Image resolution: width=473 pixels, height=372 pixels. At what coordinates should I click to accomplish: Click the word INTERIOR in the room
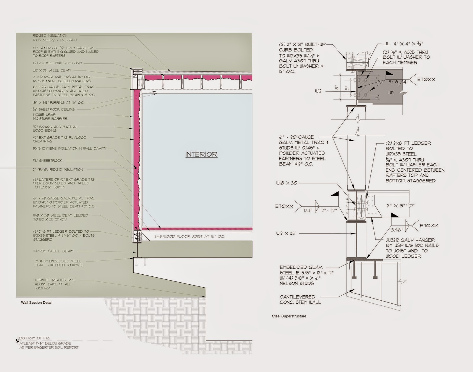click(x=201, y=154)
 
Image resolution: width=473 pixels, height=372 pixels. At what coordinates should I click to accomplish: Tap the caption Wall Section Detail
click(x=37, y=302)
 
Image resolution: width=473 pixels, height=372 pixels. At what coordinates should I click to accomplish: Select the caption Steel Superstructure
click(x=289, y=316)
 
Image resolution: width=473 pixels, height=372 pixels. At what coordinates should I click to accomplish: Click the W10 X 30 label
click(x=286, y=183)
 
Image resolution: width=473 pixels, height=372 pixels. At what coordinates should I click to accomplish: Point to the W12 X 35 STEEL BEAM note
click(x=52, y=70)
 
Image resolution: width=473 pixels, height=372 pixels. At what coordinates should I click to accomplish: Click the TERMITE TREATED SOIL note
click(x=55, y=284)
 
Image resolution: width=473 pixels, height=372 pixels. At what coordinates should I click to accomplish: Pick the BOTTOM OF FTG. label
click(x=35, y=338)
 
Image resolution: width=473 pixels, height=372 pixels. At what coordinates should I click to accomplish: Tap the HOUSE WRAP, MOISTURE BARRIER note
click(x=50, y=117)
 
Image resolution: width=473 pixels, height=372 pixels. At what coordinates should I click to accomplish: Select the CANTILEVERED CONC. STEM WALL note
click(x=300, y=299)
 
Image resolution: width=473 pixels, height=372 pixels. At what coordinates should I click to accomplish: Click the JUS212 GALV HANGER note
click(x=412, y=248)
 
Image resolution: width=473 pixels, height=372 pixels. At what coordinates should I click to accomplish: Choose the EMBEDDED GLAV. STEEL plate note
click(x=306, y=275)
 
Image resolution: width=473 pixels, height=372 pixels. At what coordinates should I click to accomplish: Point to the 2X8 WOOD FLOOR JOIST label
click(x=189, y=236)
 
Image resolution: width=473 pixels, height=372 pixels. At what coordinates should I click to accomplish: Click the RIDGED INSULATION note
click(x=54, y=38)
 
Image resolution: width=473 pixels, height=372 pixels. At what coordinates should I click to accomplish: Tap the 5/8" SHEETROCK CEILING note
click(x=54, y=109)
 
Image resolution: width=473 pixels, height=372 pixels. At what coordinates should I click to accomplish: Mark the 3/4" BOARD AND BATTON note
click(x=55, y=128)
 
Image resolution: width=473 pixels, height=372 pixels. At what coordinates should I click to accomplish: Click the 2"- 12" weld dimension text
click(x=329, y=211)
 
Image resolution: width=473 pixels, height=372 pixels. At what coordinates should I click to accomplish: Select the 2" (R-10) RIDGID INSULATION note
click(x=58, y=170)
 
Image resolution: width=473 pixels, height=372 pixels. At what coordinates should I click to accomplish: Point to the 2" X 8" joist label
click(x=396, y=205)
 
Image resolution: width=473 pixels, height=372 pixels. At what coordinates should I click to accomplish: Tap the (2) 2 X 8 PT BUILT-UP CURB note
click(x=57, y=63)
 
